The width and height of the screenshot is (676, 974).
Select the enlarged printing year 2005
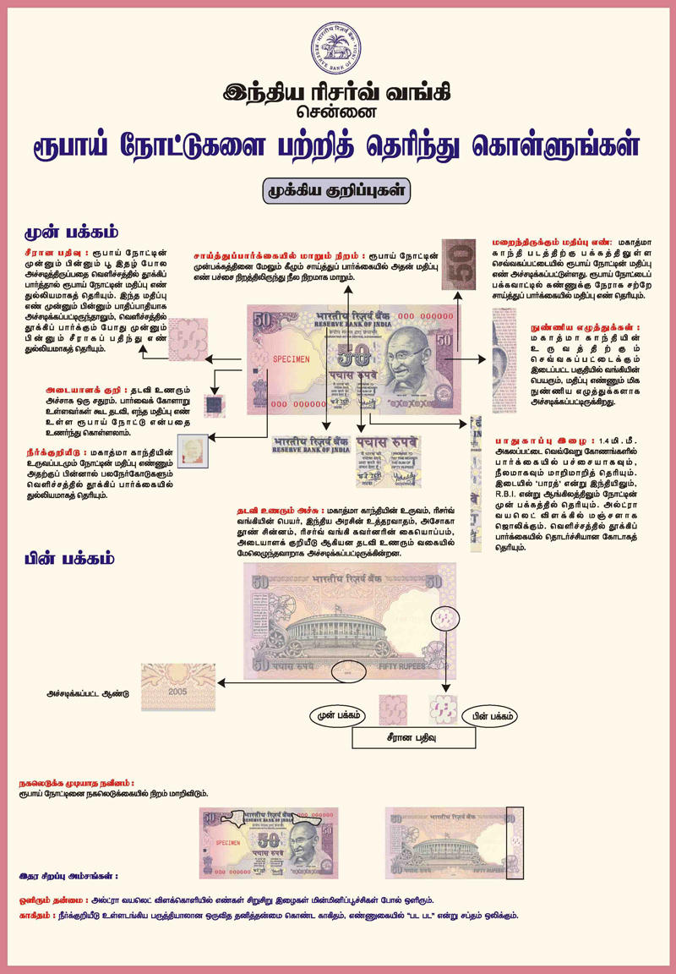(177, 691)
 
